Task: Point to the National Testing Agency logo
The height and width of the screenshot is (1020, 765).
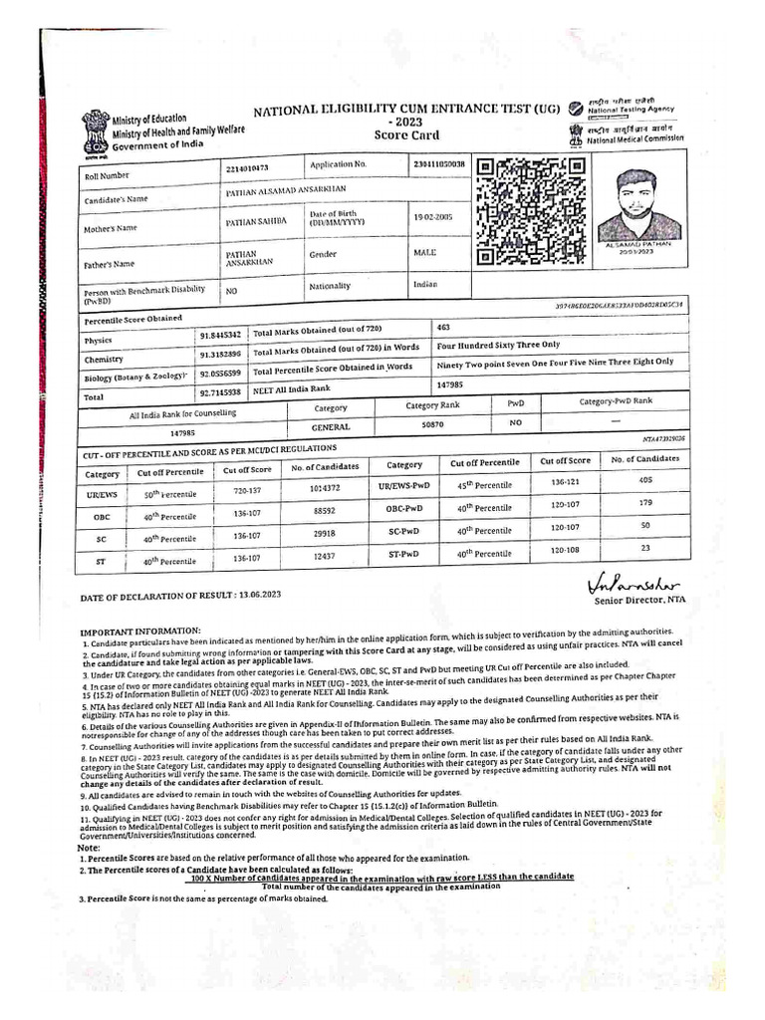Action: coord(576,108)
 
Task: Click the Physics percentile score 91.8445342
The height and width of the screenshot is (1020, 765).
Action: coord(219,337)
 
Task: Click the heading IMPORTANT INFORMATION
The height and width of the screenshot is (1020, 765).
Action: coord(139,632)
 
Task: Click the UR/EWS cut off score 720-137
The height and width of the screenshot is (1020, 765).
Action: coord(246,491)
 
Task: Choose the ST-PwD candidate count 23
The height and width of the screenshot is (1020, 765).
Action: coord(644,547)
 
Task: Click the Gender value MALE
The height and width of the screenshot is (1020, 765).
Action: coord(425,253)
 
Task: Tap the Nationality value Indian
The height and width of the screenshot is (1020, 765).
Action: coord(426,284)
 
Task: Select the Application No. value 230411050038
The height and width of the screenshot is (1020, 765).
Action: coord(438,162)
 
